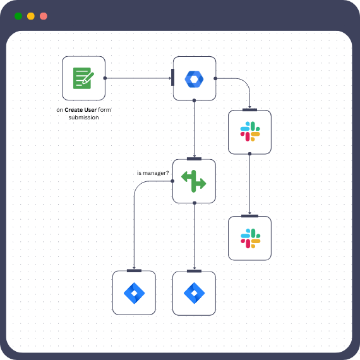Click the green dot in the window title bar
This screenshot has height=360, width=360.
(x=18, y=16)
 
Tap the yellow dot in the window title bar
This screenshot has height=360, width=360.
(x=31, y=16)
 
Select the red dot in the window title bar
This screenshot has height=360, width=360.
(x=43, y=16)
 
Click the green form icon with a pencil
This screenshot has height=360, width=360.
(x=83, y=78)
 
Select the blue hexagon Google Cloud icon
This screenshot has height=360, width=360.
(x=195, y=78)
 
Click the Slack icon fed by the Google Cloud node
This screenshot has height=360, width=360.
(x=249, y=132)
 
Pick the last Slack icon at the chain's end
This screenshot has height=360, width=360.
(x=249, y=238)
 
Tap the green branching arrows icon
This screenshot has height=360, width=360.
(x=194, y=181)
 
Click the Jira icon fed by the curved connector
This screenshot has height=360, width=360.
(x=134, y=293)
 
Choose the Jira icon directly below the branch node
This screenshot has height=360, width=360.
(x=194, y=293)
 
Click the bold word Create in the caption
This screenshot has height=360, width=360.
(x=76, y=109)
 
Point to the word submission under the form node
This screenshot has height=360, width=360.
(x=83, y=117)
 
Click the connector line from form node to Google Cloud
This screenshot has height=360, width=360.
(x=139, y=78)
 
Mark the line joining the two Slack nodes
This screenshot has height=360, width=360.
(x=249, y=184)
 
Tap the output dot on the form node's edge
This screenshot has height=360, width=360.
(x=105, y=78)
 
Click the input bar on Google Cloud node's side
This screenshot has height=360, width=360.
(x=172, y=78)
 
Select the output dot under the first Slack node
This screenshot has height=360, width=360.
(x=249, y=153)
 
